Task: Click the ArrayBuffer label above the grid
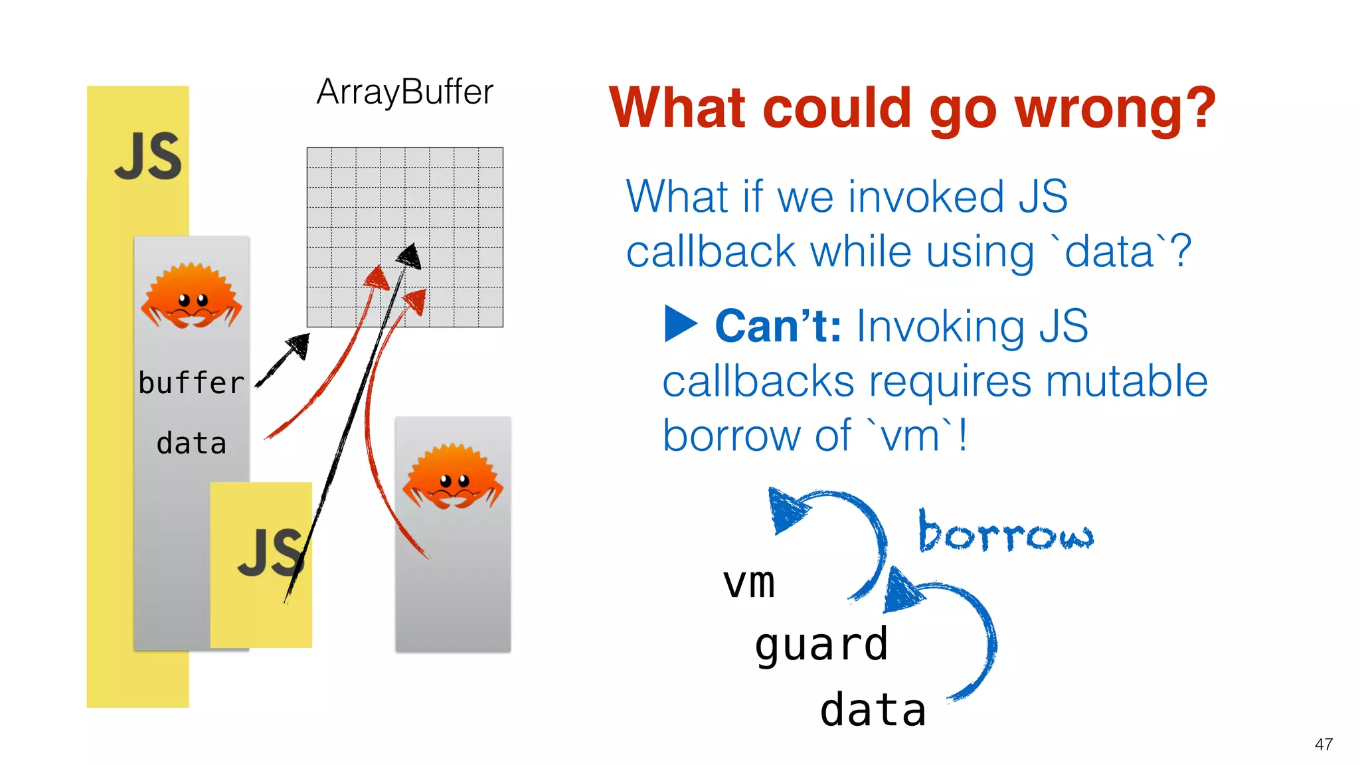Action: [x=404, y=92]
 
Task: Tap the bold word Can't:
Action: [x=778, y=327]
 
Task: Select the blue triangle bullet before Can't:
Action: [x=681, y=324]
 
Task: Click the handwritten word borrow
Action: [x=1005, y=533]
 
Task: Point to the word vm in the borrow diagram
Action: [x=749, y=582]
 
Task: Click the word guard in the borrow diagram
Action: [x=821, y=645]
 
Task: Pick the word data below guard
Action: [x=873, y=710]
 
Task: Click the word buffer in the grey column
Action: [x=191, y=383]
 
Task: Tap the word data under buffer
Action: [x=191, y=444]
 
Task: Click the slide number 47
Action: [x=1323, y=744]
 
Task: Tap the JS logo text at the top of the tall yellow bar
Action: [x=147, y=156]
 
